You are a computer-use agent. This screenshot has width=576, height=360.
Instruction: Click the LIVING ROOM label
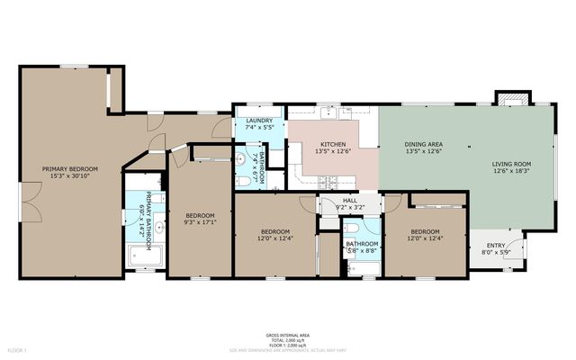pyautogui.click(x=510, y=163)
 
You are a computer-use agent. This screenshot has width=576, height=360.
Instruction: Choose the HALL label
pyautogui.click(x=350, y=202)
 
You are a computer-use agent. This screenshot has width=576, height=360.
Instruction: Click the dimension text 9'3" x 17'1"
pyautogui.click(x=200, y=223)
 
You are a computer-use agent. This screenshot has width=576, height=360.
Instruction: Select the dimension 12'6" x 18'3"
pyautogui.click(x=510, y=171)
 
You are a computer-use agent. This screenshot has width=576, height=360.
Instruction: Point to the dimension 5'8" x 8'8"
pyautogui.click(x=361, y=250)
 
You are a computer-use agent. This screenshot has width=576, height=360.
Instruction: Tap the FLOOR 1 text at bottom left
pyautogui.click(x=18, y=348)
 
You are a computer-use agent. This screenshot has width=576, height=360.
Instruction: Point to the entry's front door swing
pyautogui.click(x=517, y=241)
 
